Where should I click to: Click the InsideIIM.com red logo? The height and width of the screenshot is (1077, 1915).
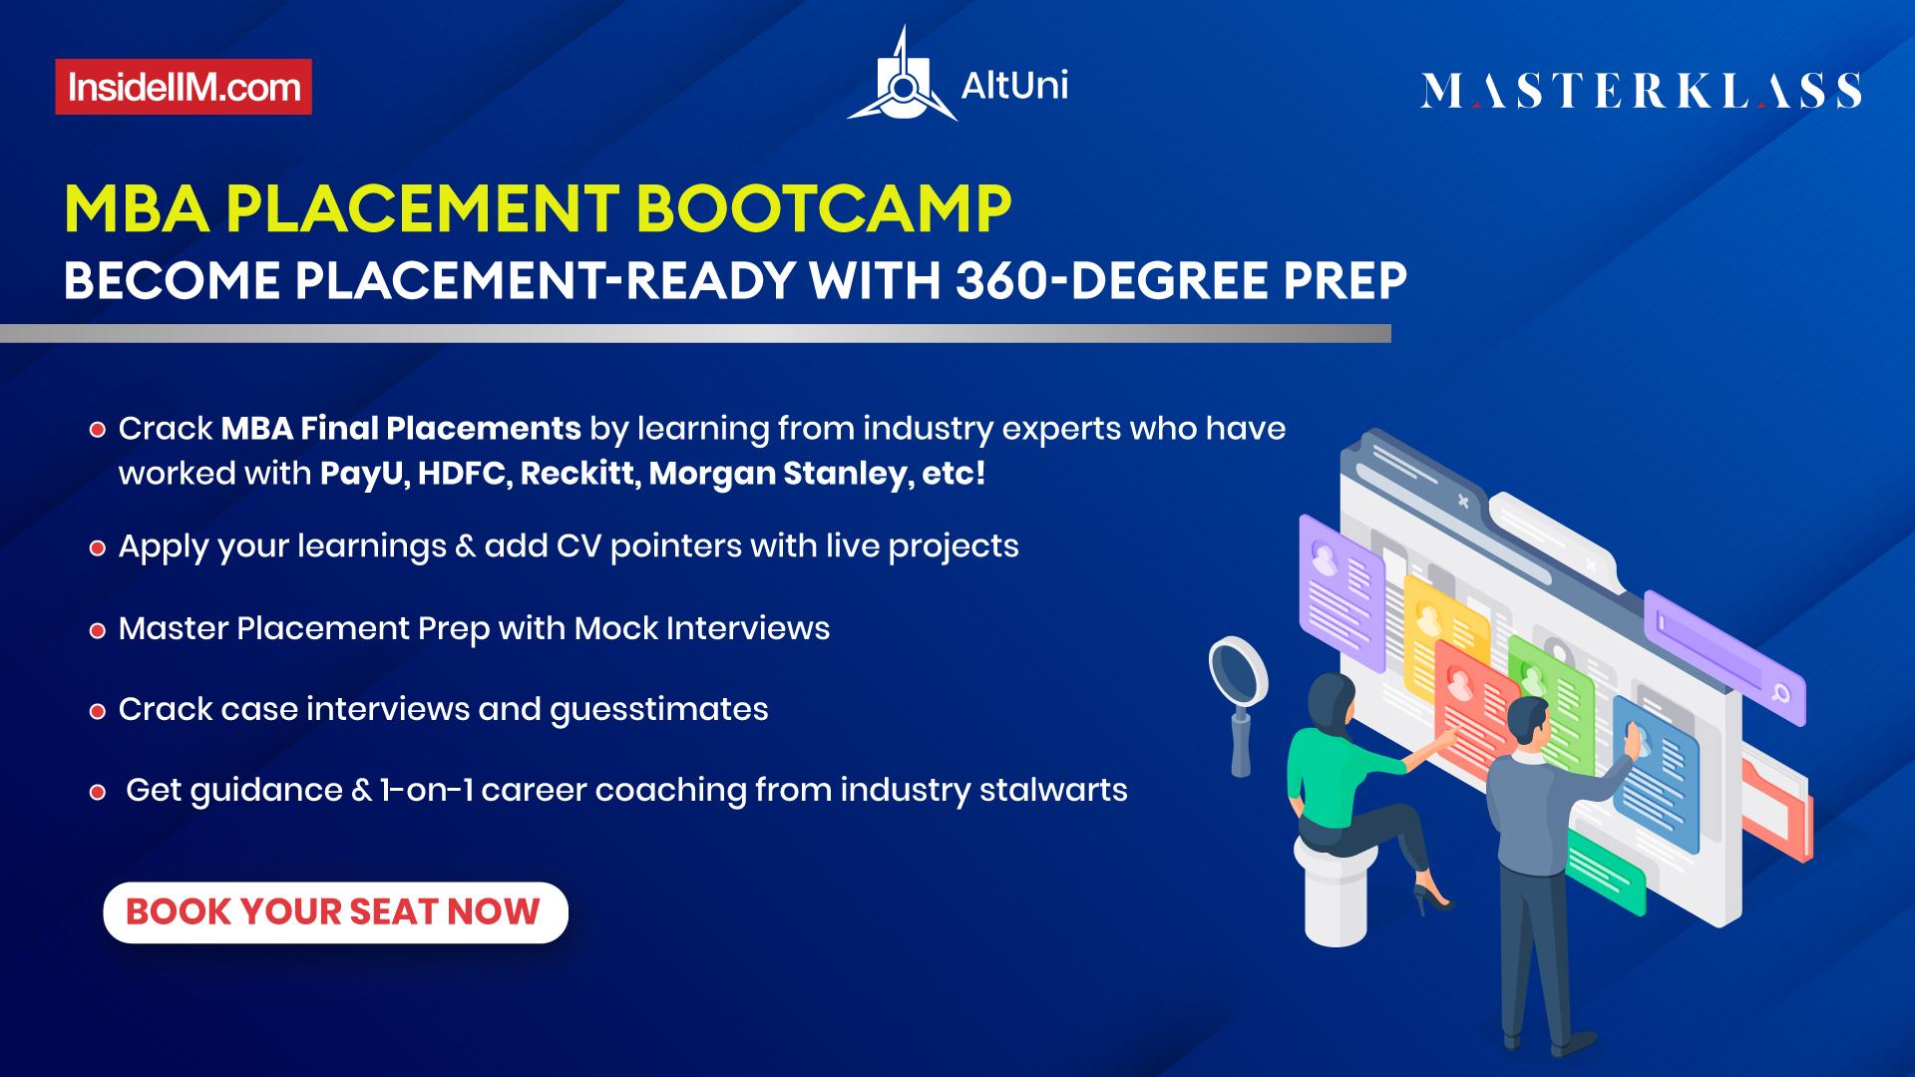[x=184, y=88]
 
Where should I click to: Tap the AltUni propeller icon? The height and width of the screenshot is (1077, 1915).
[x=902, y=80]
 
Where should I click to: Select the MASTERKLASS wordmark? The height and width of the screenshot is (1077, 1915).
[x=1641, y=91]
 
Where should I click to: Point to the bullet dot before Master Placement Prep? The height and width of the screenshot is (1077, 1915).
[x=97, y=631]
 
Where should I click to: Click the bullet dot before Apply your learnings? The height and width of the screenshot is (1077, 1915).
[x=97, y=548]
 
